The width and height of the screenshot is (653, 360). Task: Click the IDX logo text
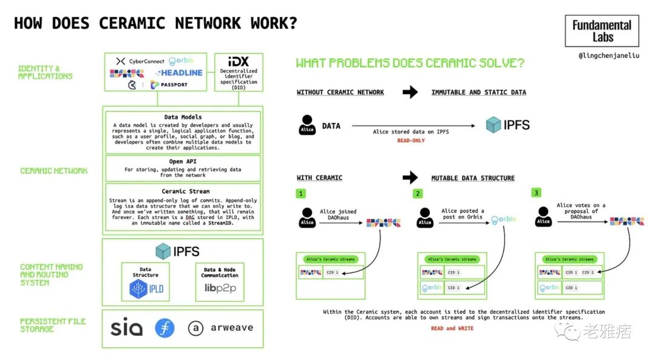(238, 62)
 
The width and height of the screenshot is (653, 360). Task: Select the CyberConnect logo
(140, 61)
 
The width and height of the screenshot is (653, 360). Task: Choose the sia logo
(126, 328)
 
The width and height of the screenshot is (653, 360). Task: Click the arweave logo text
(232, 328)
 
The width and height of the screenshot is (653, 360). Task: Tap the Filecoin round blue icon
(164, 328)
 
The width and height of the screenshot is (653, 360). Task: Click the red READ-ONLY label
(411, 140)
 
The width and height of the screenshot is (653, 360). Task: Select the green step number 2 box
(418, 194)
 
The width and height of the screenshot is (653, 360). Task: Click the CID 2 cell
(588, 272)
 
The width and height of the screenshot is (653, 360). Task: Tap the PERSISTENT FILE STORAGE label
(53, 325)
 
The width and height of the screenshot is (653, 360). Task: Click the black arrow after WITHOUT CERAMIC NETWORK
(411, 92)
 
